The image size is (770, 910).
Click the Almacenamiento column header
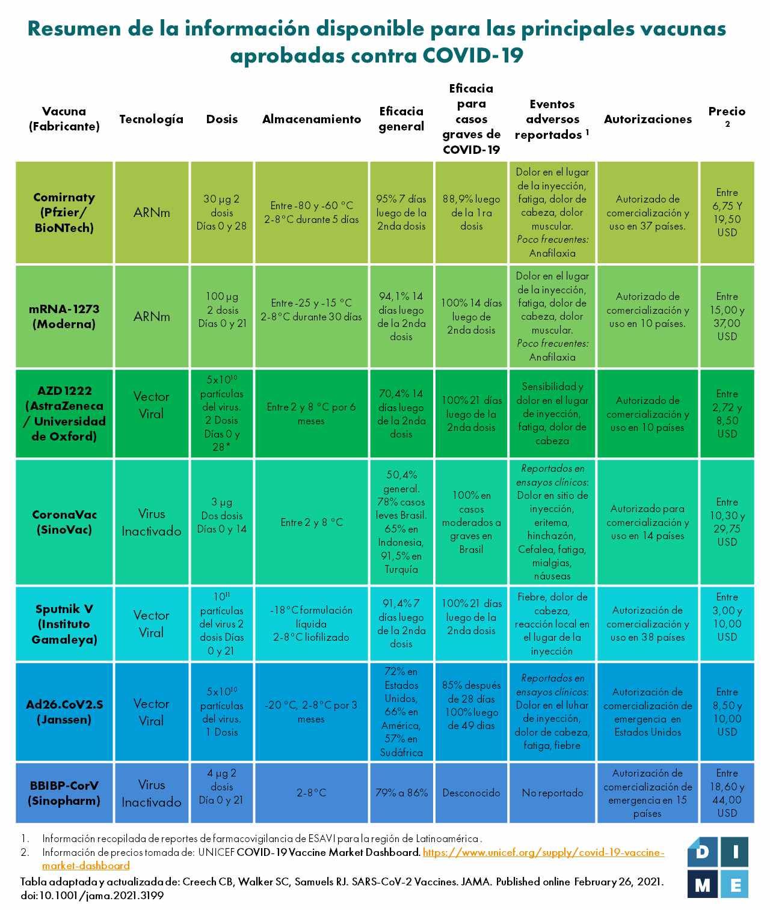[312, 119]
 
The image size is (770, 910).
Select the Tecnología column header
[151, 119]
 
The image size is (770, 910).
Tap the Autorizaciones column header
[648, 119]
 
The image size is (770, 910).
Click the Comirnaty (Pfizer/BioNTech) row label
[64, 213]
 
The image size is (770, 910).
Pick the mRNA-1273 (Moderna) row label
[64, 316]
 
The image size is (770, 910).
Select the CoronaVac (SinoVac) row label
[64, 522]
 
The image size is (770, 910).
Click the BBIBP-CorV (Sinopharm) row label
[64, 793]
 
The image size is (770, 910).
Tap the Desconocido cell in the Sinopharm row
[471, 793]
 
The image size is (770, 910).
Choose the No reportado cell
[552, 793]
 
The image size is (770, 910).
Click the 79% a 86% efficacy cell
[401, 793]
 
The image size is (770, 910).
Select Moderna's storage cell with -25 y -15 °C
[312, 310]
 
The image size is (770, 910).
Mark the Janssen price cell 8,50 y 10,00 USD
[727, 712]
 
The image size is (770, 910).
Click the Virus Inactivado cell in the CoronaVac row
[151, 522]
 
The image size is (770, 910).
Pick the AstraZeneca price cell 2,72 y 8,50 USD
[727, 414]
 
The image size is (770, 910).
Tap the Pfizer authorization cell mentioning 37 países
[647, 213]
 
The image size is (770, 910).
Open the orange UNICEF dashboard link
[543, 852]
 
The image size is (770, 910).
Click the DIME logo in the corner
[718, 867]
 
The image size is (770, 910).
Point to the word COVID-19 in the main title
[473, 55]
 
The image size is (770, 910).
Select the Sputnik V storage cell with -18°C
[312, 624]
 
